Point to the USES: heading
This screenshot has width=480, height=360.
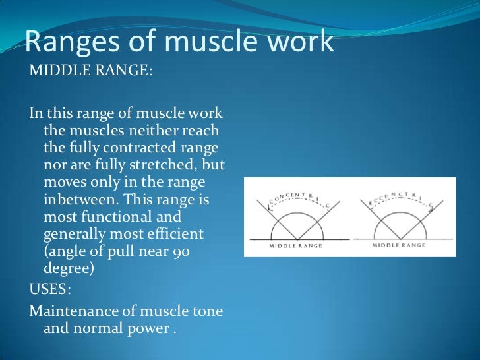pos(52,288)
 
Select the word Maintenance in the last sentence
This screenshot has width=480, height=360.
pos(75,310)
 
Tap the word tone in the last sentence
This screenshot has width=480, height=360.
pos(207,310)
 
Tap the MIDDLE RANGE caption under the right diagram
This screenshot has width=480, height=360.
pos(399,245)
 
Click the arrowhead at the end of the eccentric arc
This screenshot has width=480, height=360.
pos(432,208)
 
